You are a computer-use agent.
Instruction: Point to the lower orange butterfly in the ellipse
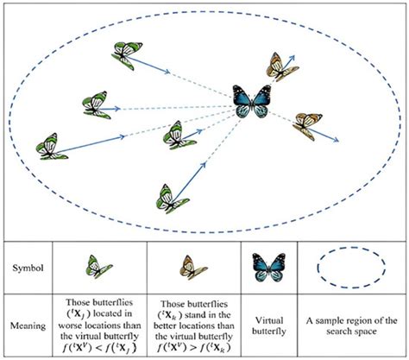click(x=307, y=125)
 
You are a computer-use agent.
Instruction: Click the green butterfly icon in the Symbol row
click(x=98, y=265)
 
